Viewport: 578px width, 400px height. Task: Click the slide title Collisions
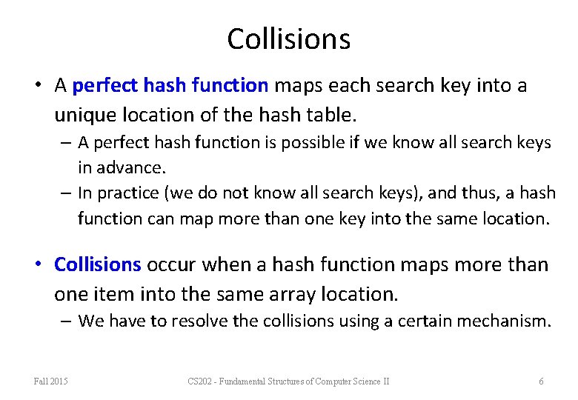click(x=288, y=39)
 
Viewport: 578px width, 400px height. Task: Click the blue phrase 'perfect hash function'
click(x=170, y=86)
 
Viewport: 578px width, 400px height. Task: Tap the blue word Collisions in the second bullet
click(x=97, y=264)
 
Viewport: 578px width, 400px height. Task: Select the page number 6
click(x=541, y=381)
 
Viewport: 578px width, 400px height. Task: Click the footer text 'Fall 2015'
click(x=50, y=381)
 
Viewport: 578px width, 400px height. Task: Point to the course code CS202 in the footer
click(x=200, y=381)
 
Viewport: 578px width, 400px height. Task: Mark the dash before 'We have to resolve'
click(x=67, y=321)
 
